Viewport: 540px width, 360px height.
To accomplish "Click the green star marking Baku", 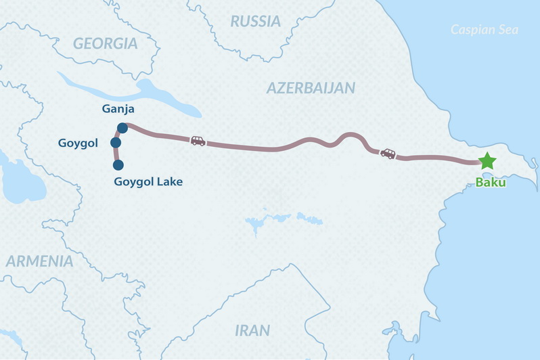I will (487, 161).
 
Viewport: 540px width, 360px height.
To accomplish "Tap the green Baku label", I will (491, 181).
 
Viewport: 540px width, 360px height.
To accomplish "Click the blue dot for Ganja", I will (122, 128).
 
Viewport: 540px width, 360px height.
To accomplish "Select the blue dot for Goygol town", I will (116, 143).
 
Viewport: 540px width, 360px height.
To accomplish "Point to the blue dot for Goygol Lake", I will (118, 165).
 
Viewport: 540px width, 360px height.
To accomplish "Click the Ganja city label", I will (117, 110).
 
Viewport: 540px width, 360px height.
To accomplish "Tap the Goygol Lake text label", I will (148, 181).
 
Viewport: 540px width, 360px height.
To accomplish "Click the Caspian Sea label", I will (484, 30).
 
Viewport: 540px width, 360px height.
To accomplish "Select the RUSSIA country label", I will (255, 22).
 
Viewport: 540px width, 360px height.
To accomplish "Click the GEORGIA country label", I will (105, 44).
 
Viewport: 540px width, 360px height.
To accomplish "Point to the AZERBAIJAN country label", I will (311, 88).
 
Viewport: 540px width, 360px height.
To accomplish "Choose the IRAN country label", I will (252, 331).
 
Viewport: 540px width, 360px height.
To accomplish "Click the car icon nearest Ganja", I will (198, 141).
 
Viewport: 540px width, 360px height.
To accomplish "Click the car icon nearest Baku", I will (388, 154).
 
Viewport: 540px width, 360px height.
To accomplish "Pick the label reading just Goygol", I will (78, 143).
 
